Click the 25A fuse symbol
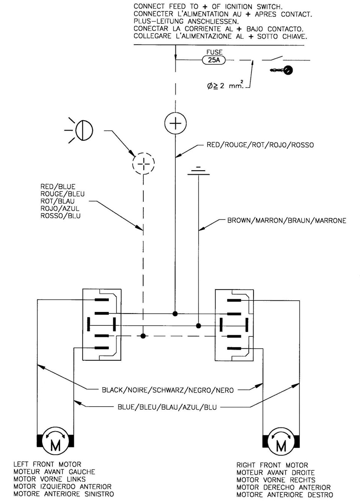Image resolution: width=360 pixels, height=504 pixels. pos(214,60)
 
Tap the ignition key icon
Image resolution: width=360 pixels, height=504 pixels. pos(281,70)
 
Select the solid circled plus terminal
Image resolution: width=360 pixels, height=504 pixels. pos(175,123)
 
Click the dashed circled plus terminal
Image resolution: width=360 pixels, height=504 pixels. pos(144,163)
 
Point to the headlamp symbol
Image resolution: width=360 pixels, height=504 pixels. pos(81,130)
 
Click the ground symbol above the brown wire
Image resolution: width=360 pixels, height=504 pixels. pos(198,171)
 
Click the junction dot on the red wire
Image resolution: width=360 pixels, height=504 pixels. pos(175,313)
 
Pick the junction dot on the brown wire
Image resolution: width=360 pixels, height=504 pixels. pos(198,325)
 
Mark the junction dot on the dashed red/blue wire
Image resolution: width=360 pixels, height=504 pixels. pos(143,336)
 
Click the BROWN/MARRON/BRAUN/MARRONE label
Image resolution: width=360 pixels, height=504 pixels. pos(286,220)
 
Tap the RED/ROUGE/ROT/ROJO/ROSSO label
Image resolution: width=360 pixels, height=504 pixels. pos(260,145)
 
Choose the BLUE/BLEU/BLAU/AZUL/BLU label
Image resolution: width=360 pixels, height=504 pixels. pos(167,407)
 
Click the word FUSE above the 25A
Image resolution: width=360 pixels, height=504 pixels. pos(214,52)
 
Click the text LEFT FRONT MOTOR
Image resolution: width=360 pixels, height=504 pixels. pos(47,464)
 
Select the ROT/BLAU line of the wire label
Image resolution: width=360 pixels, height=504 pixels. pos(57,201)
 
